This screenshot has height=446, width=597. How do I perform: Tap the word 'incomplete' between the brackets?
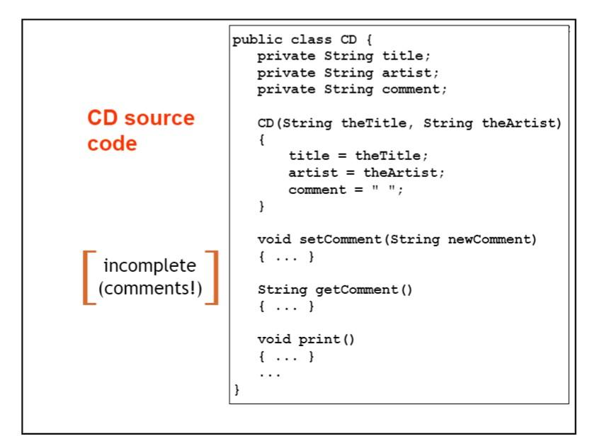pyautogui.click(x=149, y=266)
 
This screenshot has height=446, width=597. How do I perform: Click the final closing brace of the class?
pyautogui.click(x=237, y=389)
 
